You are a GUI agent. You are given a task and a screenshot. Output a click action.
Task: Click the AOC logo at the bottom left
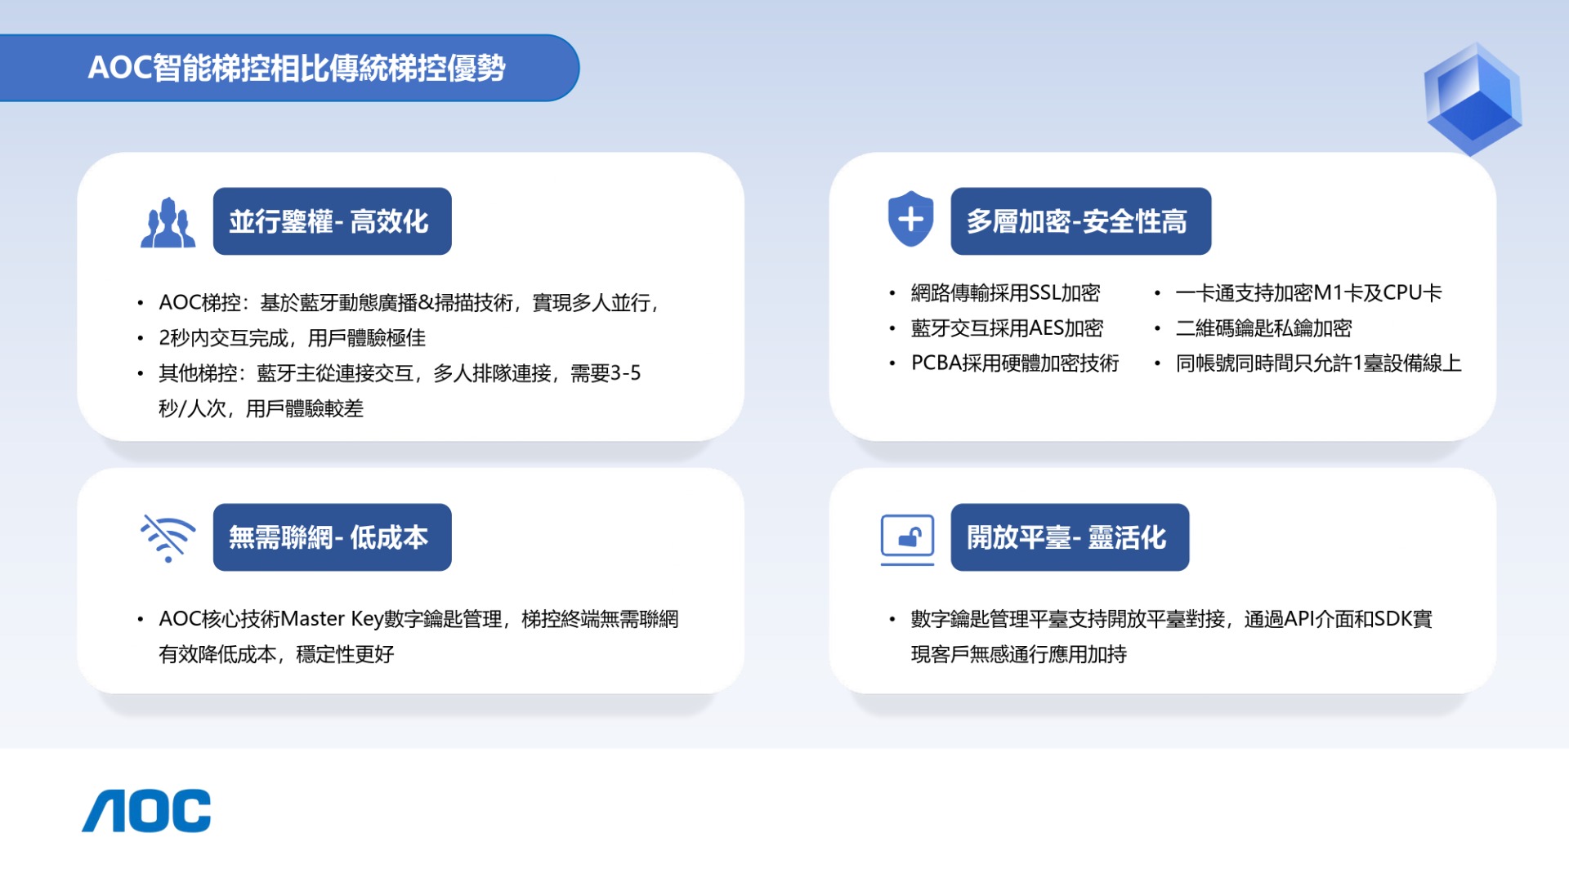tap(146, 811)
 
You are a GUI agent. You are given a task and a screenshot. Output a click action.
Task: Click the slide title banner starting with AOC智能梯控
tap(289, 68)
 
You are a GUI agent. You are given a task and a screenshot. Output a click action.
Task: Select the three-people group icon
tap(168, 222)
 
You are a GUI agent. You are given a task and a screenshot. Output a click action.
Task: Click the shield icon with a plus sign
tap(910, 219)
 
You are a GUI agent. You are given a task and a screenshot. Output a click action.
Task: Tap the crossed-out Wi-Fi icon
tap(168, 537)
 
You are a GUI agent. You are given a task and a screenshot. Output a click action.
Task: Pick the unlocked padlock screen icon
tap(907, 539)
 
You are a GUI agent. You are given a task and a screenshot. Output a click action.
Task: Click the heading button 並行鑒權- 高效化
tap(332, 221)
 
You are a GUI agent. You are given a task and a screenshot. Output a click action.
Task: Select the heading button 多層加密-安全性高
tap(1080, 221)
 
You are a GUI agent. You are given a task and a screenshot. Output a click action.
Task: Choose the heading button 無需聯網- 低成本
tap(332, 537)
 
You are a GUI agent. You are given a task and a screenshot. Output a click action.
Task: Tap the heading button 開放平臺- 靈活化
tap(1070, 537)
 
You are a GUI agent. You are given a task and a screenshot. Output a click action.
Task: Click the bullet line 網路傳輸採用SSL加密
tap(1005, 292)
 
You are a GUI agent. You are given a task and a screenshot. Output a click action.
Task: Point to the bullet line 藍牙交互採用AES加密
tap(1007, 327)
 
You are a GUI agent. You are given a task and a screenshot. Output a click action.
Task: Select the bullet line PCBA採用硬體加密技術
tap(1015, 363)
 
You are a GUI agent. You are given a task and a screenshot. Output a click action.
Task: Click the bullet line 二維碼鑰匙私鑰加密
tap(1263, 327)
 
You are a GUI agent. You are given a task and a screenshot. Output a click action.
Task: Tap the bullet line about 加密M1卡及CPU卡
tap(1308, 292)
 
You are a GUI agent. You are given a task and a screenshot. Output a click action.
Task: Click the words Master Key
tap(332, 619)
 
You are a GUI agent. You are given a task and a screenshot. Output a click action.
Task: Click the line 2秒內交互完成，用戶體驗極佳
tap(292, 338)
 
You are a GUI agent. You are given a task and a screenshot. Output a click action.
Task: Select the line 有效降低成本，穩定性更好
tap(276, 654)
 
